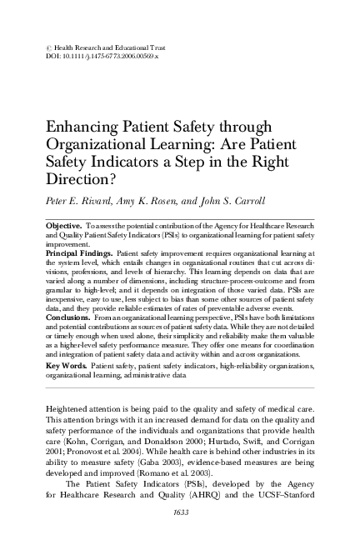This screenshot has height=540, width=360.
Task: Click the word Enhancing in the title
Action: click(x=82, y=128)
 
